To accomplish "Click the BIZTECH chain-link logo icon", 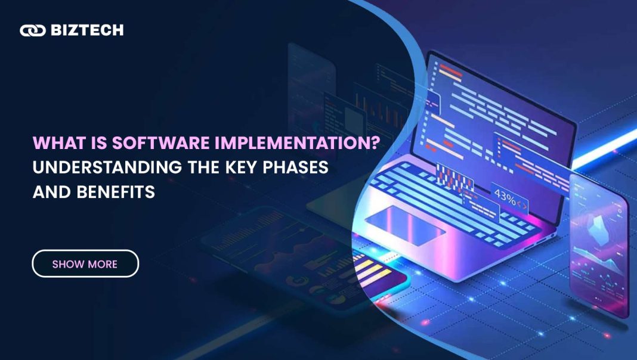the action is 32,30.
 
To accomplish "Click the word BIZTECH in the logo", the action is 87,30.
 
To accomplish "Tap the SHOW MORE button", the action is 85,264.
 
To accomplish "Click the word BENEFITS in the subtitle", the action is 116,192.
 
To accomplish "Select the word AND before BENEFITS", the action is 52,192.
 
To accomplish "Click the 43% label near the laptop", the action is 505,197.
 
